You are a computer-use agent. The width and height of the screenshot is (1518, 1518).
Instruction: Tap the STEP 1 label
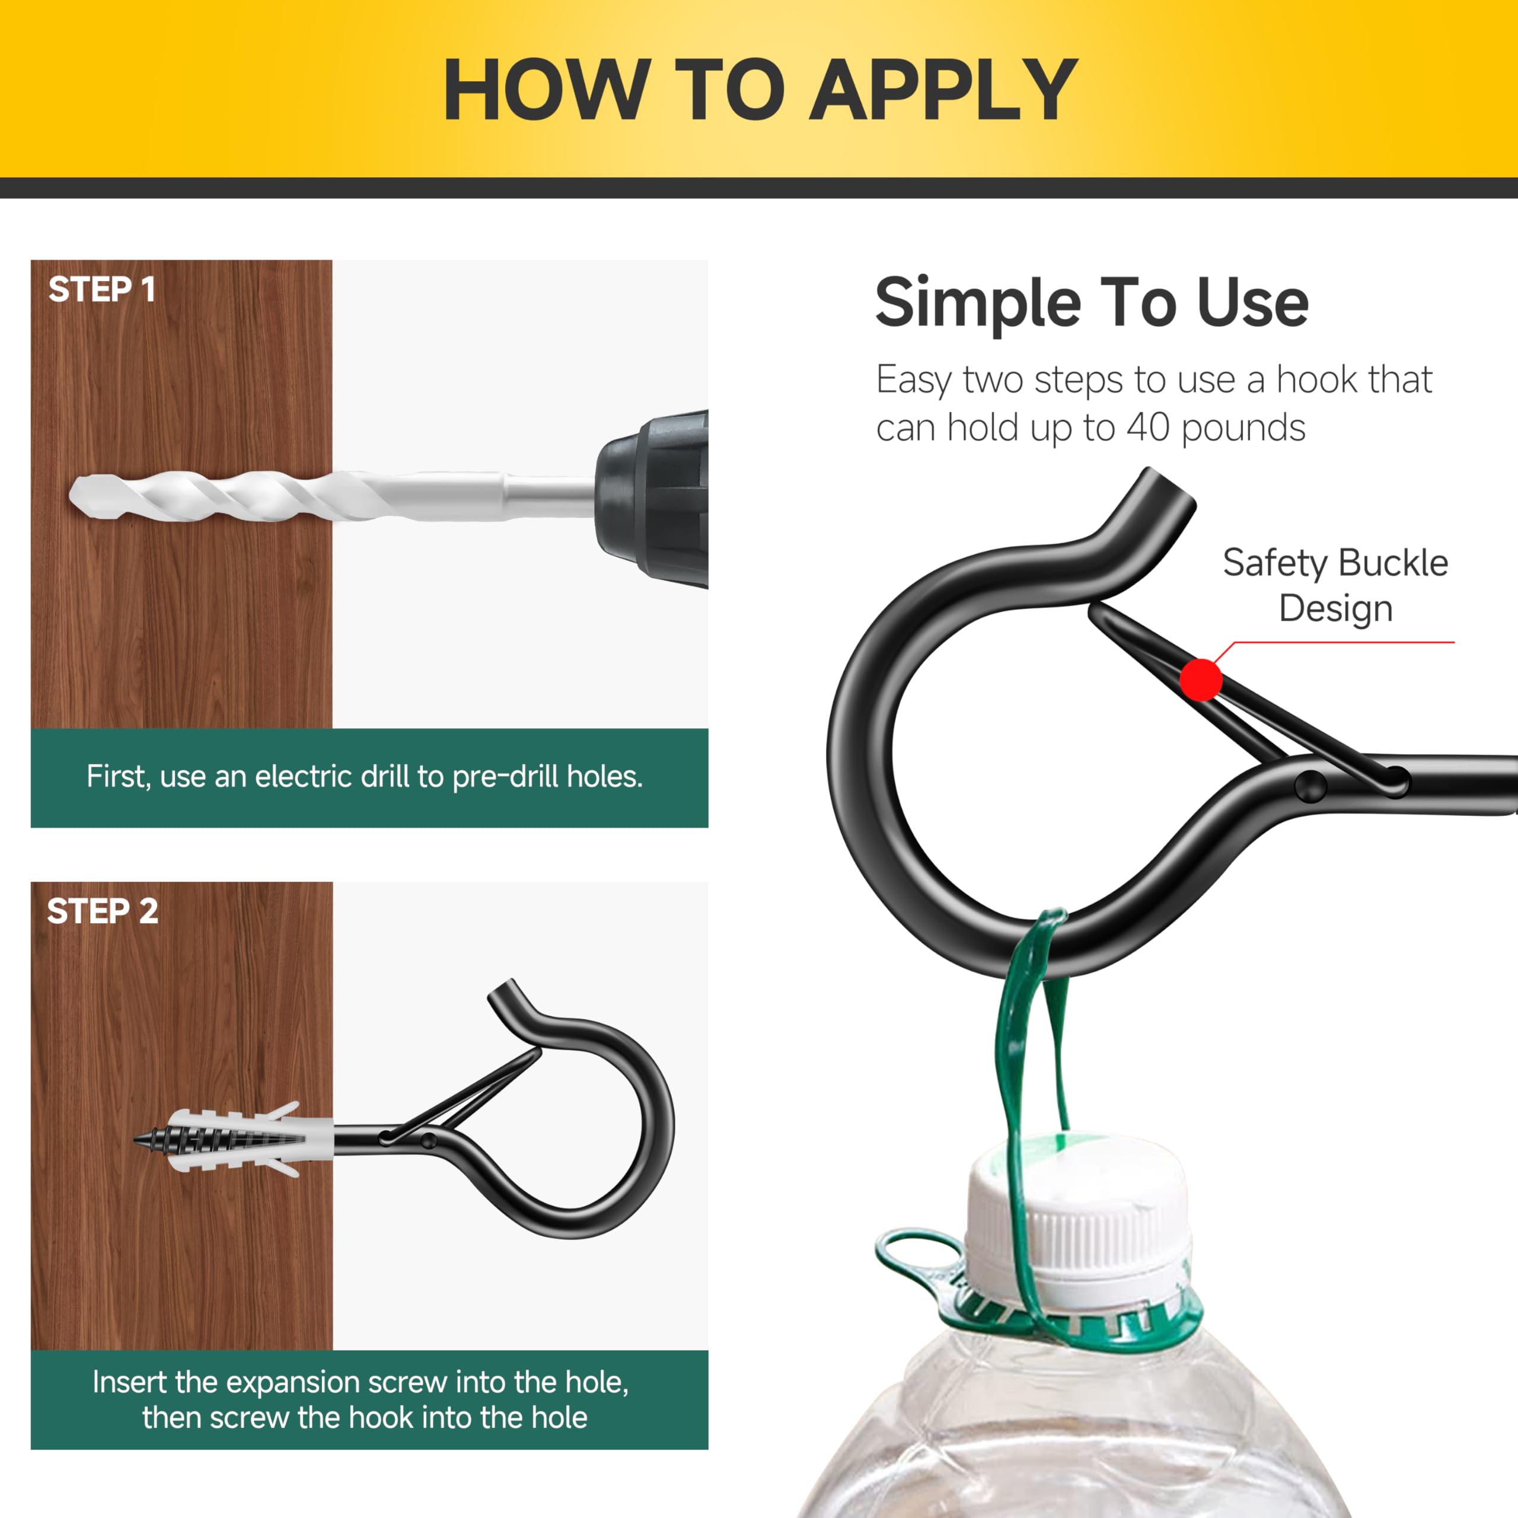[x=102, y=289]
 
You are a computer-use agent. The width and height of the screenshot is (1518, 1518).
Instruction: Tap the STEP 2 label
[x=102, y=911]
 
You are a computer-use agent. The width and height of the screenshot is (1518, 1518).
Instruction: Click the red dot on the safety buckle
[x=1201, y=680]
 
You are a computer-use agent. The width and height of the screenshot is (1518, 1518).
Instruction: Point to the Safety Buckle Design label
[x=1336, y=585]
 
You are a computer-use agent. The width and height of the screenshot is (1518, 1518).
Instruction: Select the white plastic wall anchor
[x=236, y=1139]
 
